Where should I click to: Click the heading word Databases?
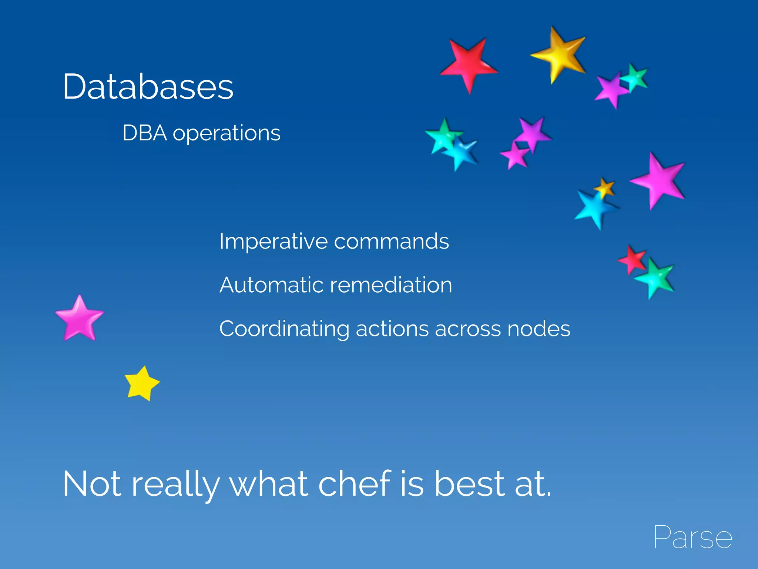point(148,87)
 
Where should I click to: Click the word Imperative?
point(273,242)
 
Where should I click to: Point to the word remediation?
point(391,285)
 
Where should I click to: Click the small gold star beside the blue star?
point(604,188)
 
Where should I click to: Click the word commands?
point(391,242)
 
